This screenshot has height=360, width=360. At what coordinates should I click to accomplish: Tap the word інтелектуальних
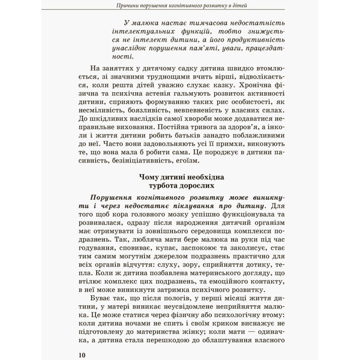pyautogui.click(x=140, y=30)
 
